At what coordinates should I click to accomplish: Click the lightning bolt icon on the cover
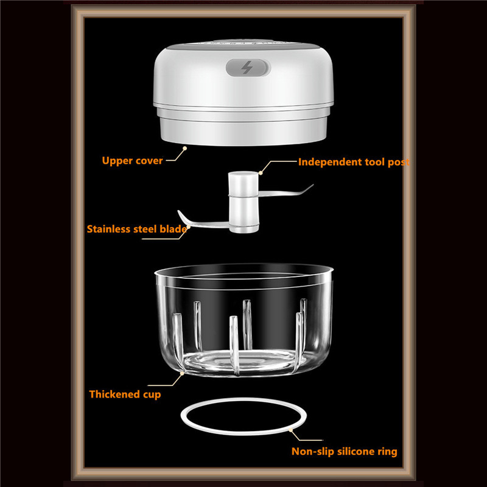pyautogui.click(x=247, y=68)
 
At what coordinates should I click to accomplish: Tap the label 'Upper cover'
pyautogui.click(x=132, y=161)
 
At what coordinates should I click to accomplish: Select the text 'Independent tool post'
pyautogui.click(x=354, y=162)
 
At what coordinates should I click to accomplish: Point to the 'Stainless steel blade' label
pyautogui.click(x=137, y=229)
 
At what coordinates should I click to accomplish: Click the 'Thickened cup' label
pyautogui.click(x=125, y=394)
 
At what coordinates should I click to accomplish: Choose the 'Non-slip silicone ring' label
pyautogui.click(x=345, y=451)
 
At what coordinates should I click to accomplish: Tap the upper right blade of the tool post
pyautogui.click(x=286, y=191)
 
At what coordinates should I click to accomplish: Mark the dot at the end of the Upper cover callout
pyautogui.click(x=185, y=149)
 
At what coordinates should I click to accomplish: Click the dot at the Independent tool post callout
pyautogui.click(x=261, y=173)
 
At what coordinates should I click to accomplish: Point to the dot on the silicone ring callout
pyautogui.click(x=291, y=430)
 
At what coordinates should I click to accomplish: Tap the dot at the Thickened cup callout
pyautogui.click(x=182, y=374)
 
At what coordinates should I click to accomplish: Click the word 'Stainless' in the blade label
pyautogui.click(x=108, y=229)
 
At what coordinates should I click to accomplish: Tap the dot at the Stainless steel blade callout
pyautogui.click(x=188, y=227)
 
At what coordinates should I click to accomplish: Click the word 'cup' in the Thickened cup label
pyautogui.click(x=152, y=395)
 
